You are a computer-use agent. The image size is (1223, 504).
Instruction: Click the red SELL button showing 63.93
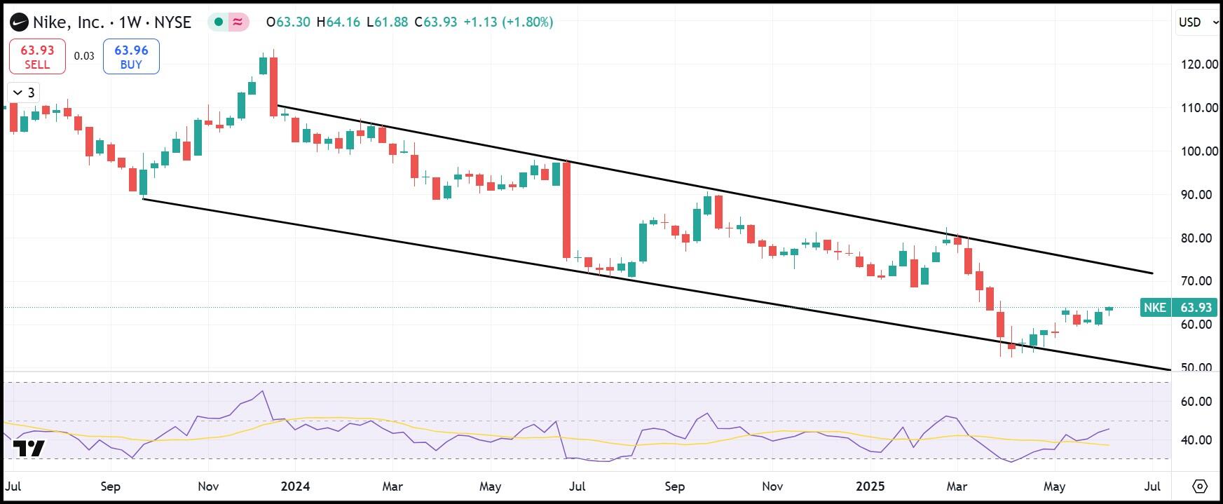tap(37, 57)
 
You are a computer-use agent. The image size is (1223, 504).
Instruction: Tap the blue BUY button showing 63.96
tap(131, 57)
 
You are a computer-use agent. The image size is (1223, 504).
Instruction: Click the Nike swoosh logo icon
tap(19, 22)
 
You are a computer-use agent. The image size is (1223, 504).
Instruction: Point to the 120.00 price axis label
tap(1198, 64)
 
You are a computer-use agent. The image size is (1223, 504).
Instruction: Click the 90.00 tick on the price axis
tap(1198, 195)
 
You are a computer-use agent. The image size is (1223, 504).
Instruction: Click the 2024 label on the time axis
tap(295, 486)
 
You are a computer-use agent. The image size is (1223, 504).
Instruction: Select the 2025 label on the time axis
tap(870, 486)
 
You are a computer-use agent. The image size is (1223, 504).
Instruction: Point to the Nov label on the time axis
tap(208, 486)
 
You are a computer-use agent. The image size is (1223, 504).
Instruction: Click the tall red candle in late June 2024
tap(567, 210)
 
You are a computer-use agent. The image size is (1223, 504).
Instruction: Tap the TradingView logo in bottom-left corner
tap(29, 449)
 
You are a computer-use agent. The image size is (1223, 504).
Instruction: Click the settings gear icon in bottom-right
tap(1199, 486)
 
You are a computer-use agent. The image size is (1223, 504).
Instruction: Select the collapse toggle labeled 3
tap(23, 93)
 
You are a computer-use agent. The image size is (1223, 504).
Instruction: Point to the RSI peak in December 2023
tap(263, 392)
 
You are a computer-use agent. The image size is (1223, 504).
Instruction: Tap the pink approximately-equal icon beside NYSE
tap(238, 22)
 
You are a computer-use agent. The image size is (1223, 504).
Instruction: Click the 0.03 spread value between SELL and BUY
tap(84, 57)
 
